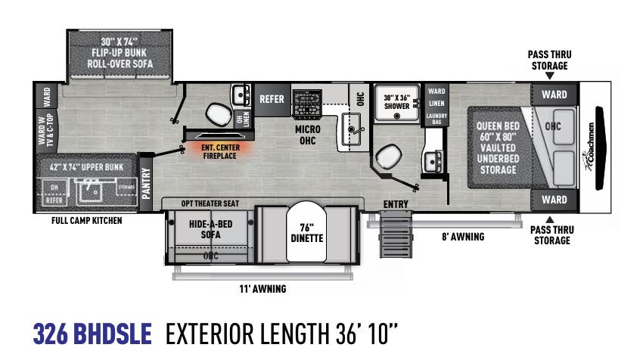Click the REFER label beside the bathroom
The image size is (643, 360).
(272, 99)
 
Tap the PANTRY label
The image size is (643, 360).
(147, 182)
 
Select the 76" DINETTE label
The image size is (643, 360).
(307, 232)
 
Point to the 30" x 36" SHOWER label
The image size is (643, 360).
(396, 101)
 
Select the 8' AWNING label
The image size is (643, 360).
(463, 237)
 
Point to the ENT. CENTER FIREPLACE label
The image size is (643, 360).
(219, 151)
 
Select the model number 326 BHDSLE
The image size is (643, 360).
(92, 333)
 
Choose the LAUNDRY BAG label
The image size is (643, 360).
(437, 118)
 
